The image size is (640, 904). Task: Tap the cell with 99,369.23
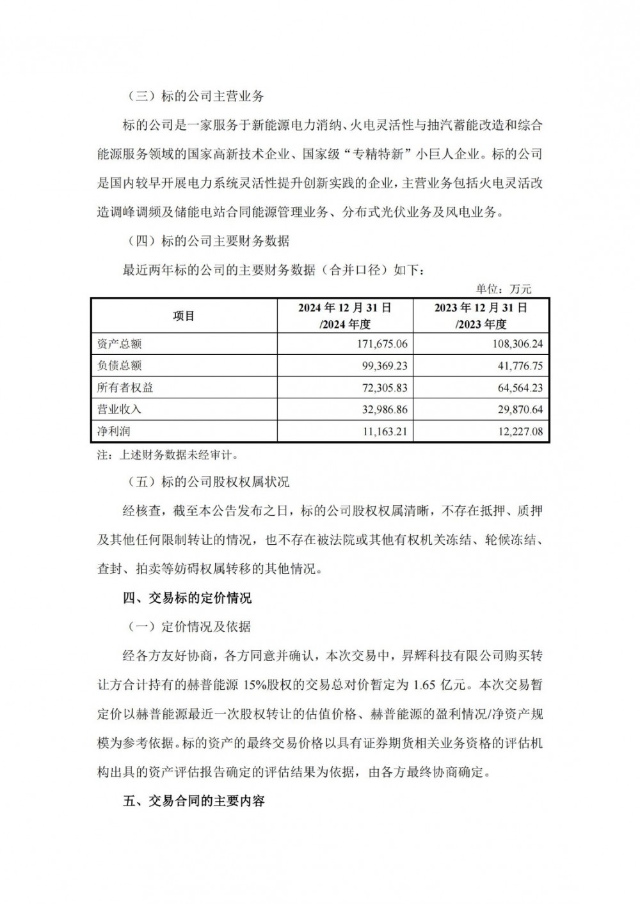pyautogui.click(x=380, y=366)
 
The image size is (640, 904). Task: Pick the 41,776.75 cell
pyautogui.click(x=515, y=366)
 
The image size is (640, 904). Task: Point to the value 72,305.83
pyautogui.click(x=380, y=387)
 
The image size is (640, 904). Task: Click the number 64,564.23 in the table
pyautogui.click(x=515, y=387)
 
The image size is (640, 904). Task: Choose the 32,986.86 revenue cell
pyautogui.click(x=380, y=409)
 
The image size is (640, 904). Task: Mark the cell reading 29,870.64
pyautogui.click(x=515, y=409)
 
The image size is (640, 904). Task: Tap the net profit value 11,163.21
pyautogui.click(x=380, y=432)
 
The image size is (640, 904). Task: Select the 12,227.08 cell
pyautogui.click(x=515, y=432)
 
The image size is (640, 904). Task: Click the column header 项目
pyautogui.click(x=184, y=316)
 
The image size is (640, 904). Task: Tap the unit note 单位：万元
pyautogui.click(x=504, y=290)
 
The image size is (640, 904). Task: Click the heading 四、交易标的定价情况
pyautogui.click(x=187, y=598)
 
